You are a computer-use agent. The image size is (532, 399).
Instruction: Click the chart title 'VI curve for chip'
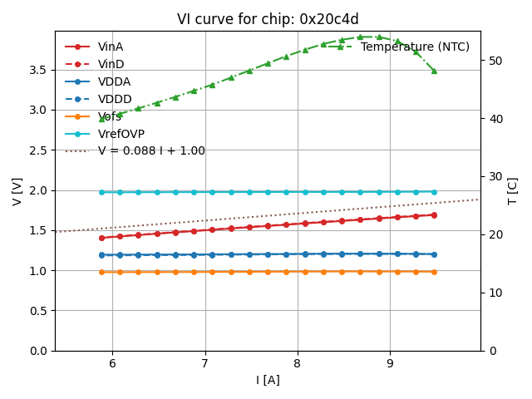[266, 19]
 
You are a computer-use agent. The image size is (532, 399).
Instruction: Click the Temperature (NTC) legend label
[415, 47]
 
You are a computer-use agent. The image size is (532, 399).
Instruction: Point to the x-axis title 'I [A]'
[267, 380]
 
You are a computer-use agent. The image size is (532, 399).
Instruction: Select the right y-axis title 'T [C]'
[512, 191]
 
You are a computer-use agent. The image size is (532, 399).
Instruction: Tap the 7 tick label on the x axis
[204, 363]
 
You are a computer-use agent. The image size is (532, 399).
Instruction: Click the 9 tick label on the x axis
[390, 363]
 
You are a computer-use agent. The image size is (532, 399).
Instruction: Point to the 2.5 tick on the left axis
[37, 150]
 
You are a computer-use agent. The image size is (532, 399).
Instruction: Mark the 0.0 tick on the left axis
[37, 351]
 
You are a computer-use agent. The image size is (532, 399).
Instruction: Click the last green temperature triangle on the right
[434, 71]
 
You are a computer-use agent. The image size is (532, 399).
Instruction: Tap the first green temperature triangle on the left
[101, 119]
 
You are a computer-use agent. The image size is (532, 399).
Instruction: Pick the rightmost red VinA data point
[434, 214]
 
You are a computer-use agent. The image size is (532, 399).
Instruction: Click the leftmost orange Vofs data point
[101, 272]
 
